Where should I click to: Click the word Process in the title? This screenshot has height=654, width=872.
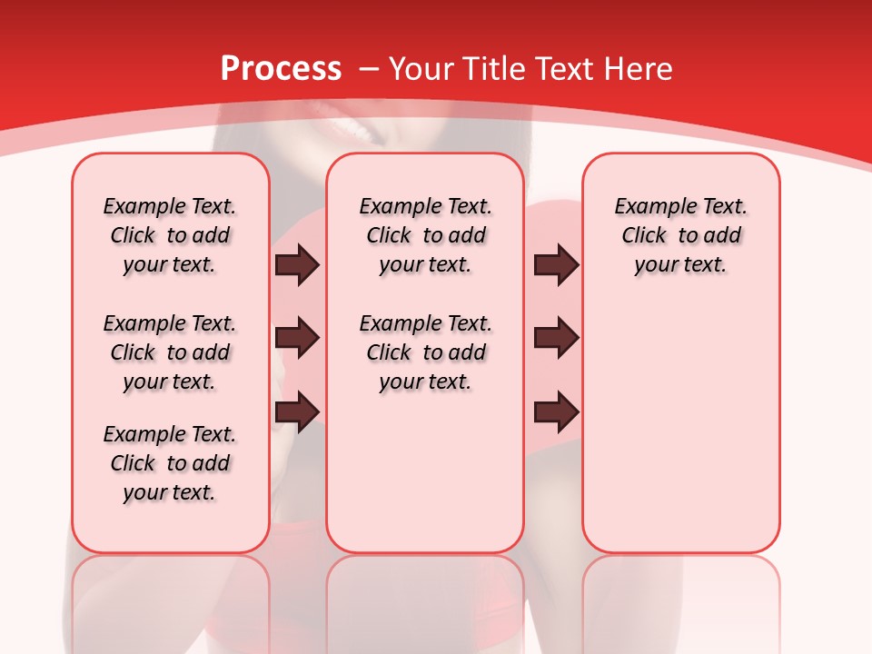pyautogui.click(x=282, y=68)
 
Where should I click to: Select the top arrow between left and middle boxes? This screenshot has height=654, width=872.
pyautogui.click(x=297, y=265)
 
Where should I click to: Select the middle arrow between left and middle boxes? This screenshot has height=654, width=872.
pyautogui.click(x=297, y=338)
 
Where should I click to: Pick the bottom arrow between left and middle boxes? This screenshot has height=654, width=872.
pyautogui.click(x=297, y=411)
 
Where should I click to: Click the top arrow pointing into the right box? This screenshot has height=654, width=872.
pyautogui.click(x=556, y=265)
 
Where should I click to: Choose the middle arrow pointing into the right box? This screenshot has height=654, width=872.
pyautogui.click(x=556, y=338)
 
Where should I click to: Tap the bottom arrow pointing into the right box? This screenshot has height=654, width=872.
pyautogui.click(x=556, y=412)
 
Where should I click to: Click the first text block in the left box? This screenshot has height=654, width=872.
pyautogui.click(x=170, y=235)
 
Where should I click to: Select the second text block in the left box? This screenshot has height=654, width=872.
pyautogui.click(x=170, y=352)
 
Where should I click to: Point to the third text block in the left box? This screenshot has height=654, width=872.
pyautogui.click(x=170, y=463)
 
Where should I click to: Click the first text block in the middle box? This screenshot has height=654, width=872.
pyautogui.click(x=425, y=235)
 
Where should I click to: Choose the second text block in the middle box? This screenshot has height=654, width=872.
pyautogui.click(x=425, y=352)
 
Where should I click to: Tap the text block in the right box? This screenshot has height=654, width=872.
pyautogui.click(x=681, y=235)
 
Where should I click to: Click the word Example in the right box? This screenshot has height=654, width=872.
pyautogui.click(x=647, y=207)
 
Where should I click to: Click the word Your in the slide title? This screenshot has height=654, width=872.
pyautogui.click(x=421, y=68)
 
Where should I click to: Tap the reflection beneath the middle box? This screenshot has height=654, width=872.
pyautogui.click(x=425, y=599)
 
